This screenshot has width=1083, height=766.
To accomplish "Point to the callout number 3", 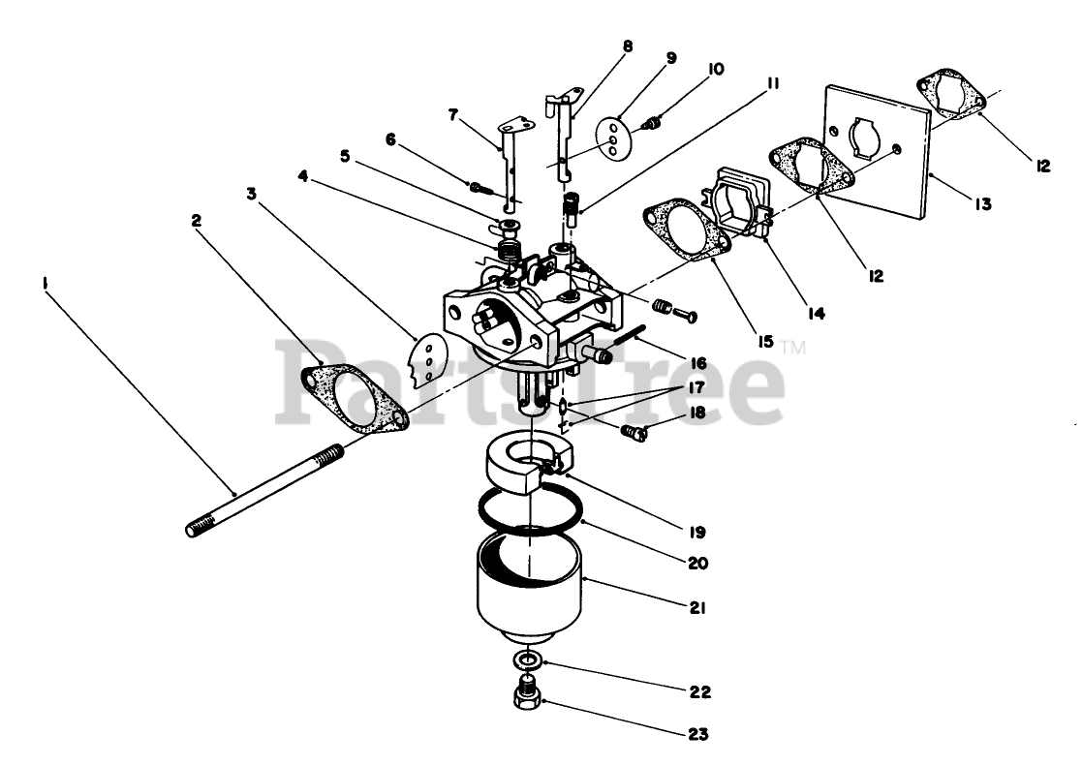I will [x=251, y=194].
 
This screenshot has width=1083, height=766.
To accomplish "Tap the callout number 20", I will [x=697, y=562].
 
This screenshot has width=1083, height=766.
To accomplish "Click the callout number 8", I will [x=628, y=46].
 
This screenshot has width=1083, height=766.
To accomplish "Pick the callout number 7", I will [x=453, y=115].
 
